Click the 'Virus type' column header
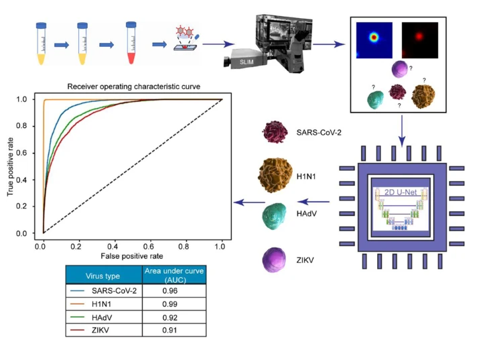(x=104, y=275)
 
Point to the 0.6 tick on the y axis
(x=26, y=153)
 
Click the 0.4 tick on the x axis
(x=115, y=245)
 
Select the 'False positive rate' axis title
(x=132, y=257)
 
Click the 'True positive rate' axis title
(x=11, y=165)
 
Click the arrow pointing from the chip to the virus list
(x=313, y=200)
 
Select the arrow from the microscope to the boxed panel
(x=328, y=45)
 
